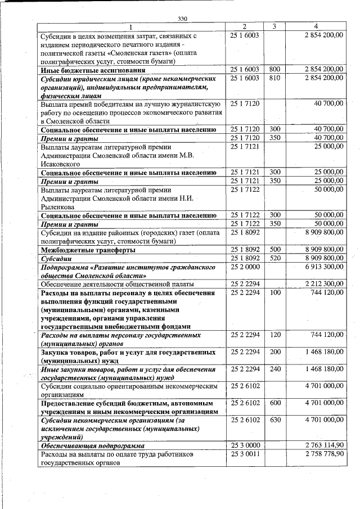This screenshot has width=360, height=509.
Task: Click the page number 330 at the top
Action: tap(182, 19)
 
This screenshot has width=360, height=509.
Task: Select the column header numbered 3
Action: tap(274, 26)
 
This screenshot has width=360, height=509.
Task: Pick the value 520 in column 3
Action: tap(274, 258)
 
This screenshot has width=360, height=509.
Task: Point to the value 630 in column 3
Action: tap(274, 420)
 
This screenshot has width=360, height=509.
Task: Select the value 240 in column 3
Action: tap(274, 369)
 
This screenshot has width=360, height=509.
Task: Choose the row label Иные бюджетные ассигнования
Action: tap(93, 70)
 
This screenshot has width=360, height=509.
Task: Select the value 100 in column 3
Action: tap(274, 293)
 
